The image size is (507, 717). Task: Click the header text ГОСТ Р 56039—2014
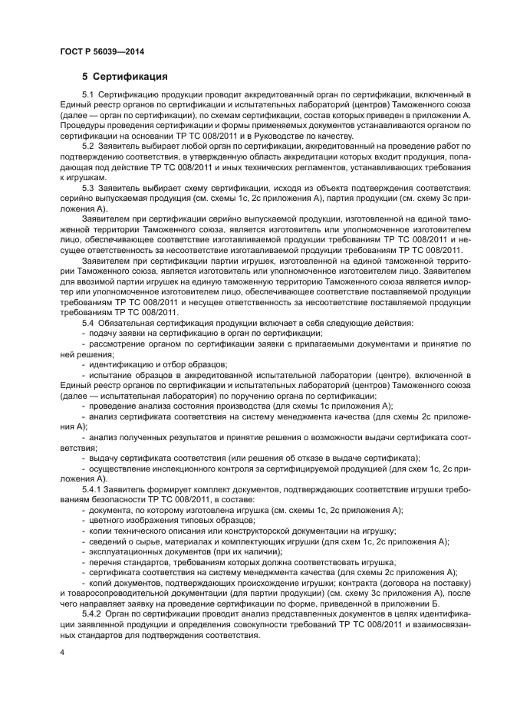coord(101,51)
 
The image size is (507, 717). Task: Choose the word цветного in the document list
coord(107,519)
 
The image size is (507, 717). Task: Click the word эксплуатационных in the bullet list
coord(124,551)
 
